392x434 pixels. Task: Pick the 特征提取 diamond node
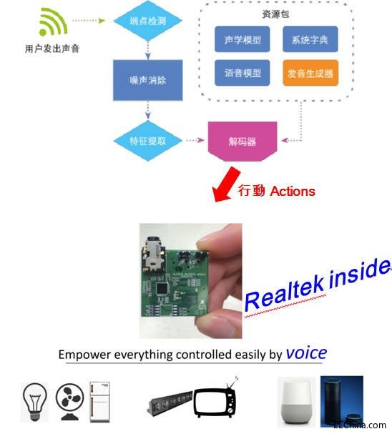[147, 141]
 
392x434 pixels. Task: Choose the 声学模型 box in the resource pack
[242, 40]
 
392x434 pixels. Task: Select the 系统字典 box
[310, 40]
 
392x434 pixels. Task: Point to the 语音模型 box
[242, 73]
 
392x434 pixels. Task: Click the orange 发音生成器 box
[310, 73]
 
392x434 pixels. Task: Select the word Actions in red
[293, 191]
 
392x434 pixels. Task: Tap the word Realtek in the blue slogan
[283, 290]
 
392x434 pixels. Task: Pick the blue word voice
[306, 352]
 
